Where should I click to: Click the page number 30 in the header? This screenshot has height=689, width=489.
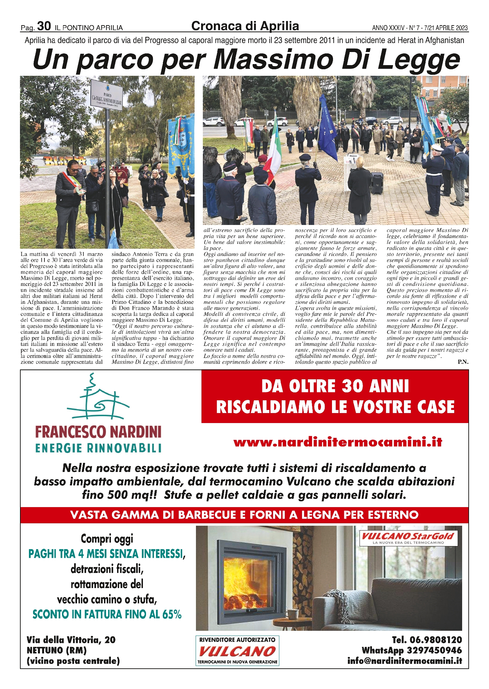pyautogui.click(x=44, y=26)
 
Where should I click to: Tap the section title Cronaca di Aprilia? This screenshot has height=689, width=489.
pyautogui.click(x=245, y=26)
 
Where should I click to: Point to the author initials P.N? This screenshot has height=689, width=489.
pyautogui.click(x=463, y=362)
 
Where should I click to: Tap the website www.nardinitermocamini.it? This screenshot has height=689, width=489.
pyautogui.click(x=337, y=442)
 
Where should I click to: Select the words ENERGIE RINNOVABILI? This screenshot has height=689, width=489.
pyautogui.click(x=98, y=448)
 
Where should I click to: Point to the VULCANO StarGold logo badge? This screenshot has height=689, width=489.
pyautogui.click(x=408, y=538)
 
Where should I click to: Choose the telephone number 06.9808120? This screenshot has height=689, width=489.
pyautogui.click(x=427, y=640)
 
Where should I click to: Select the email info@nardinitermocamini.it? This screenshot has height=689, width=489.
pyautogui.click(x=405, y=661)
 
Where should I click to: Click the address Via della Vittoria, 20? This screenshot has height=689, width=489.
pyautogui.click(x=71, y=640)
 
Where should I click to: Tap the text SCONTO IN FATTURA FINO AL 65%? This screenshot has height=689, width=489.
pyautogui.click(x=107, y=614)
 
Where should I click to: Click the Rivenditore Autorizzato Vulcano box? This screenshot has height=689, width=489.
pyautogui.click(x=237, y=650)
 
